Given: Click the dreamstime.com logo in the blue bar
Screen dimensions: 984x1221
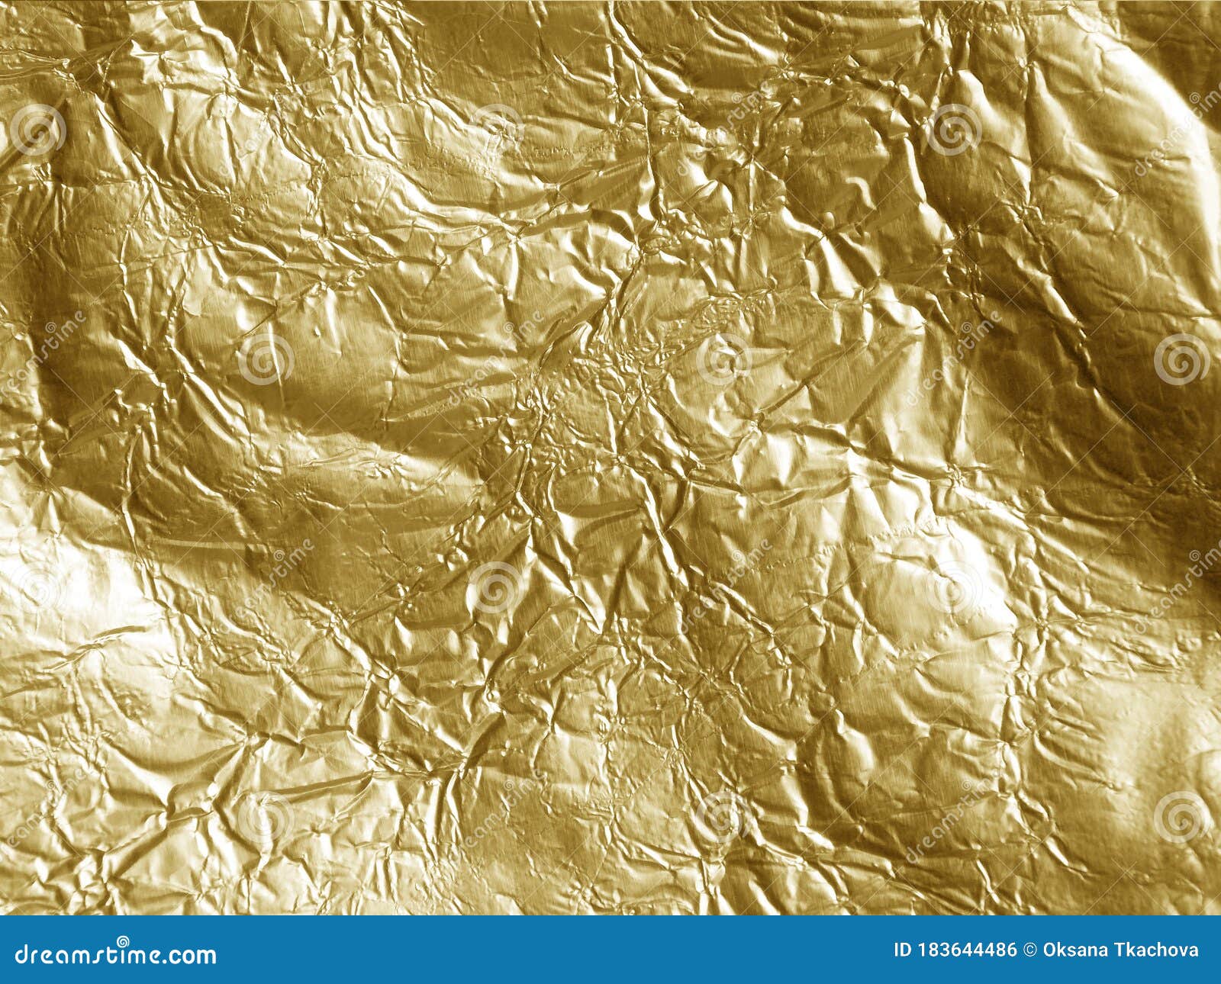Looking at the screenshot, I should click(116, 954).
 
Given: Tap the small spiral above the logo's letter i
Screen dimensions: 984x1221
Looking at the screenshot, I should click(123, 941).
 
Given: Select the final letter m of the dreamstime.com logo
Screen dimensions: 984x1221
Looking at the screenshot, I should click(206, 956).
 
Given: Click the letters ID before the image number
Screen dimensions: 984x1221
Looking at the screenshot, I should click(903, 950).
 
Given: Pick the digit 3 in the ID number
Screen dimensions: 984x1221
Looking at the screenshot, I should click(942, 950).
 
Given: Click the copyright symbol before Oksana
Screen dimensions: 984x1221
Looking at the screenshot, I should click(1030, 950).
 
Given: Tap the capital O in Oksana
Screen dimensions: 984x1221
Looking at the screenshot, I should click(1050, 950).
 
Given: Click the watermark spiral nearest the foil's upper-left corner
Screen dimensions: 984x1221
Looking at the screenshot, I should click(37, 130).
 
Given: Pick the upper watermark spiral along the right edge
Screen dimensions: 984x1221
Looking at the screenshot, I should click(1181, 359).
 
